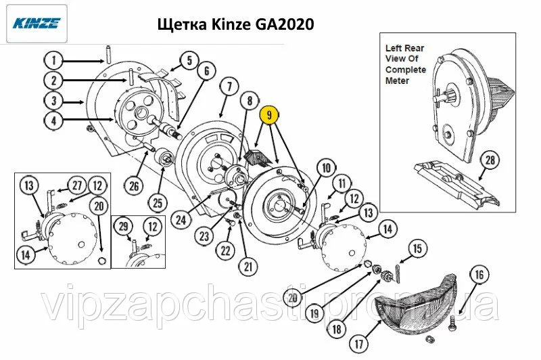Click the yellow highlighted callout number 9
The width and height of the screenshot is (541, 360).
[269, 114]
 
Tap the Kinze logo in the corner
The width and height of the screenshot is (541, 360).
[37, 23]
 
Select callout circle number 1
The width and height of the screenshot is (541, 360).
[54, 61]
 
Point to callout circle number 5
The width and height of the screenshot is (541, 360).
[189, 61]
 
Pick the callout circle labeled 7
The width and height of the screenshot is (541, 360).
[231, 87]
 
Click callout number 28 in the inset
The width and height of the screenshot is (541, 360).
[490, 160]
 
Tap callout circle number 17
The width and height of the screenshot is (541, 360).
[359, 344]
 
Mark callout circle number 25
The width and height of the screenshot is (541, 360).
[158, 202]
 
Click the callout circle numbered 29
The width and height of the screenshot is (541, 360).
[124, 227]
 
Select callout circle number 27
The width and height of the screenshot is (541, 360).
[77, 185]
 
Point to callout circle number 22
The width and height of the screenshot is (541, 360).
[225, 250]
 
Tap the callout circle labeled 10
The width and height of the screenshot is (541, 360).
[326, 168]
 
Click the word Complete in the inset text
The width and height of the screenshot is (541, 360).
[405, 70]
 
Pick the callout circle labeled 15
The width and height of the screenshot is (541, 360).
[417, 248]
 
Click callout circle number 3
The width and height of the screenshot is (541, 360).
[54, 101]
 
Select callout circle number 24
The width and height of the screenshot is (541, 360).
[181, 220]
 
